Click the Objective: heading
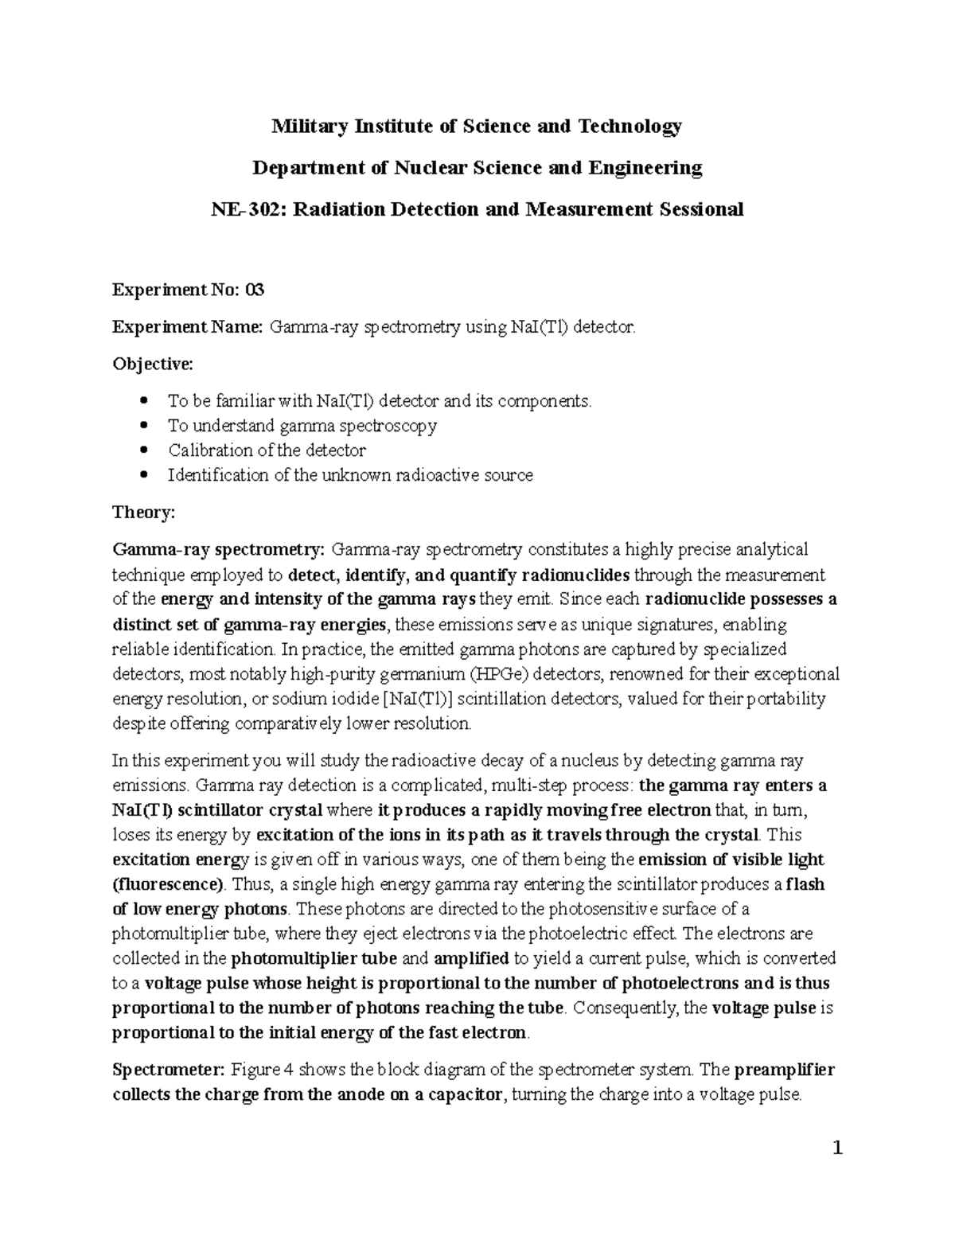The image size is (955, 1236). coord(152,364)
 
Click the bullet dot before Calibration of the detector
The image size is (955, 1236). coord(143,450)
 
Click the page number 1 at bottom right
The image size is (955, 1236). coord(836,1149)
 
